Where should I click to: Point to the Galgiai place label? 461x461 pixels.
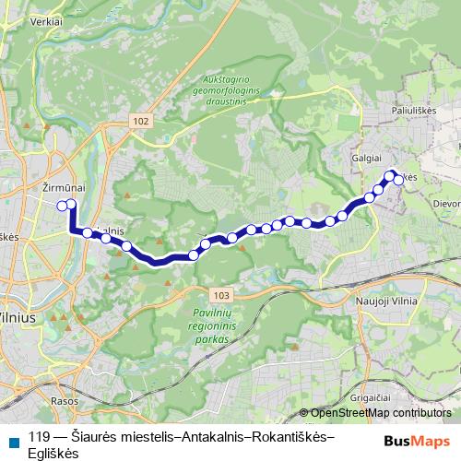tap(366, 158)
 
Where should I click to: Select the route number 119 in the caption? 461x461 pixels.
tap(40, 437)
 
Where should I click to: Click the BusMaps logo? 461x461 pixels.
tap(417, 441)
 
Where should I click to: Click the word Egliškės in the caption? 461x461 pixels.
tap(54, 453)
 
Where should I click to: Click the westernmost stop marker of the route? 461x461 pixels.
tap(62, 205)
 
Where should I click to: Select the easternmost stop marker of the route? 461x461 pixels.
tap(399, 180)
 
